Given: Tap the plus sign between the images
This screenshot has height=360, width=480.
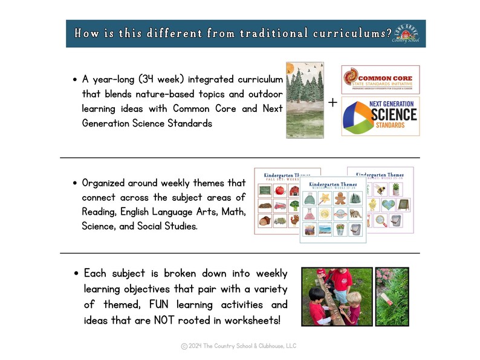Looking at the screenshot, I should [332, 103].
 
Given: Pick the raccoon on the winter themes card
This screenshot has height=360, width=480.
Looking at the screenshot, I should [355, 214].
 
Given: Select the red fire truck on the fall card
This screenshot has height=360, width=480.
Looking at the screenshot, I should [280, 206].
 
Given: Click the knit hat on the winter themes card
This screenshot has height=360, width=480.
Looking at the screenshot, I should [310, 199].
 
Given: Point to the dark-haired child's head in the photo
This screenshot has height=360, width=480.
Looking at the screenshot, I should [316, 292].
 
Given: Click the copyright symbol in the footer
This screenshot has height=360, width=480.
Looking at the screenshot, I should [184, 346].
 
